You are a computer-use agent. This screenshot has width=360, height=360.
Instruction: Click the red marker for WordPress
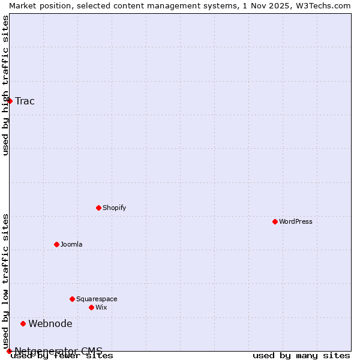point(275,221)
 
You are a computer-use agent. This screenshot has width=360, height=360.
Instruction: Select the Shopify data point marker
point(98,208)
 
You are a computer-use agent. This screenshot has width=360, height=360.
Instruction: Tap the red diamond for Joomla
point(56,244)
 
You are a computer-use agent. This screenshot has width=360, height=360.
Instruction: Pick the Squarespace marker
point(72,299)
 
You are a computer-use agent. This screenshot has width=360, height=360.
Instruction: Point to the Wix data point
point(91,307)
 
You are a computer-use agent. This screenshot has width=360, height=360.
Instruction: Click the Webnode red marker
point(23,323)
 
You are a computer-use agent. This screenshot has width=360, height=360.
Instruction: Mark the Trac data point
point(10,101)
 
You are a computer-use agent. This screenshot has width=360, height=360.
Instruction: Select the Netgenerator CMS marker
point(9,351)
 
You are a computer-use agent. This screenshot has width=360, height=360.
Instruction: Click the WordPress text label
point(296,221)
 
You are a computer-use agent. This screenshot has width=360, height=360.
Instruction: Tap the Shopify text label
point(115,208)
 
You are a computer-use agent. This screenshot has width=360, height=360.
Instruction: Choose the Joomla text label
point(71,244)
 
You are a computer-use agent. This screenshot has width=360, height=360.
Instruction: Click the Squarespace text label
point(97,299)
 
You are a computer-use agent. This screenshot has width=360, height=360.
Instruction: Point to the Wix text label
point(101,307)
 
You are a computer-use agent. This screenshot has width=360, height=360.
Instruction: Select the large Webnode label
point(50,323)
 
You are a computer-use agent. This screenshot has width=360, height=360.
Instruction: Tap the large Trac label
point(25,101)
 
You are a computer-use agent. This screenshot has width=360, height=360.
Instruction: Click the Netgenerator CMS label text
point(59,351)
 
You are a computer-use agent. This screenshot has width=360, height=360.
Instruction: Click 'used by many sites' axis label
point(301,355)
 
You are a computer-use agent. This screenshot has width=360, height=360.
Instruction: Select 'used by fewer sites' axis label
point(62,355)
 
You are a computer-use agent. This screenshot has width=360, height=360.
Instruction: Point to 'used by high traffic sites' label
point(5,85)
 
